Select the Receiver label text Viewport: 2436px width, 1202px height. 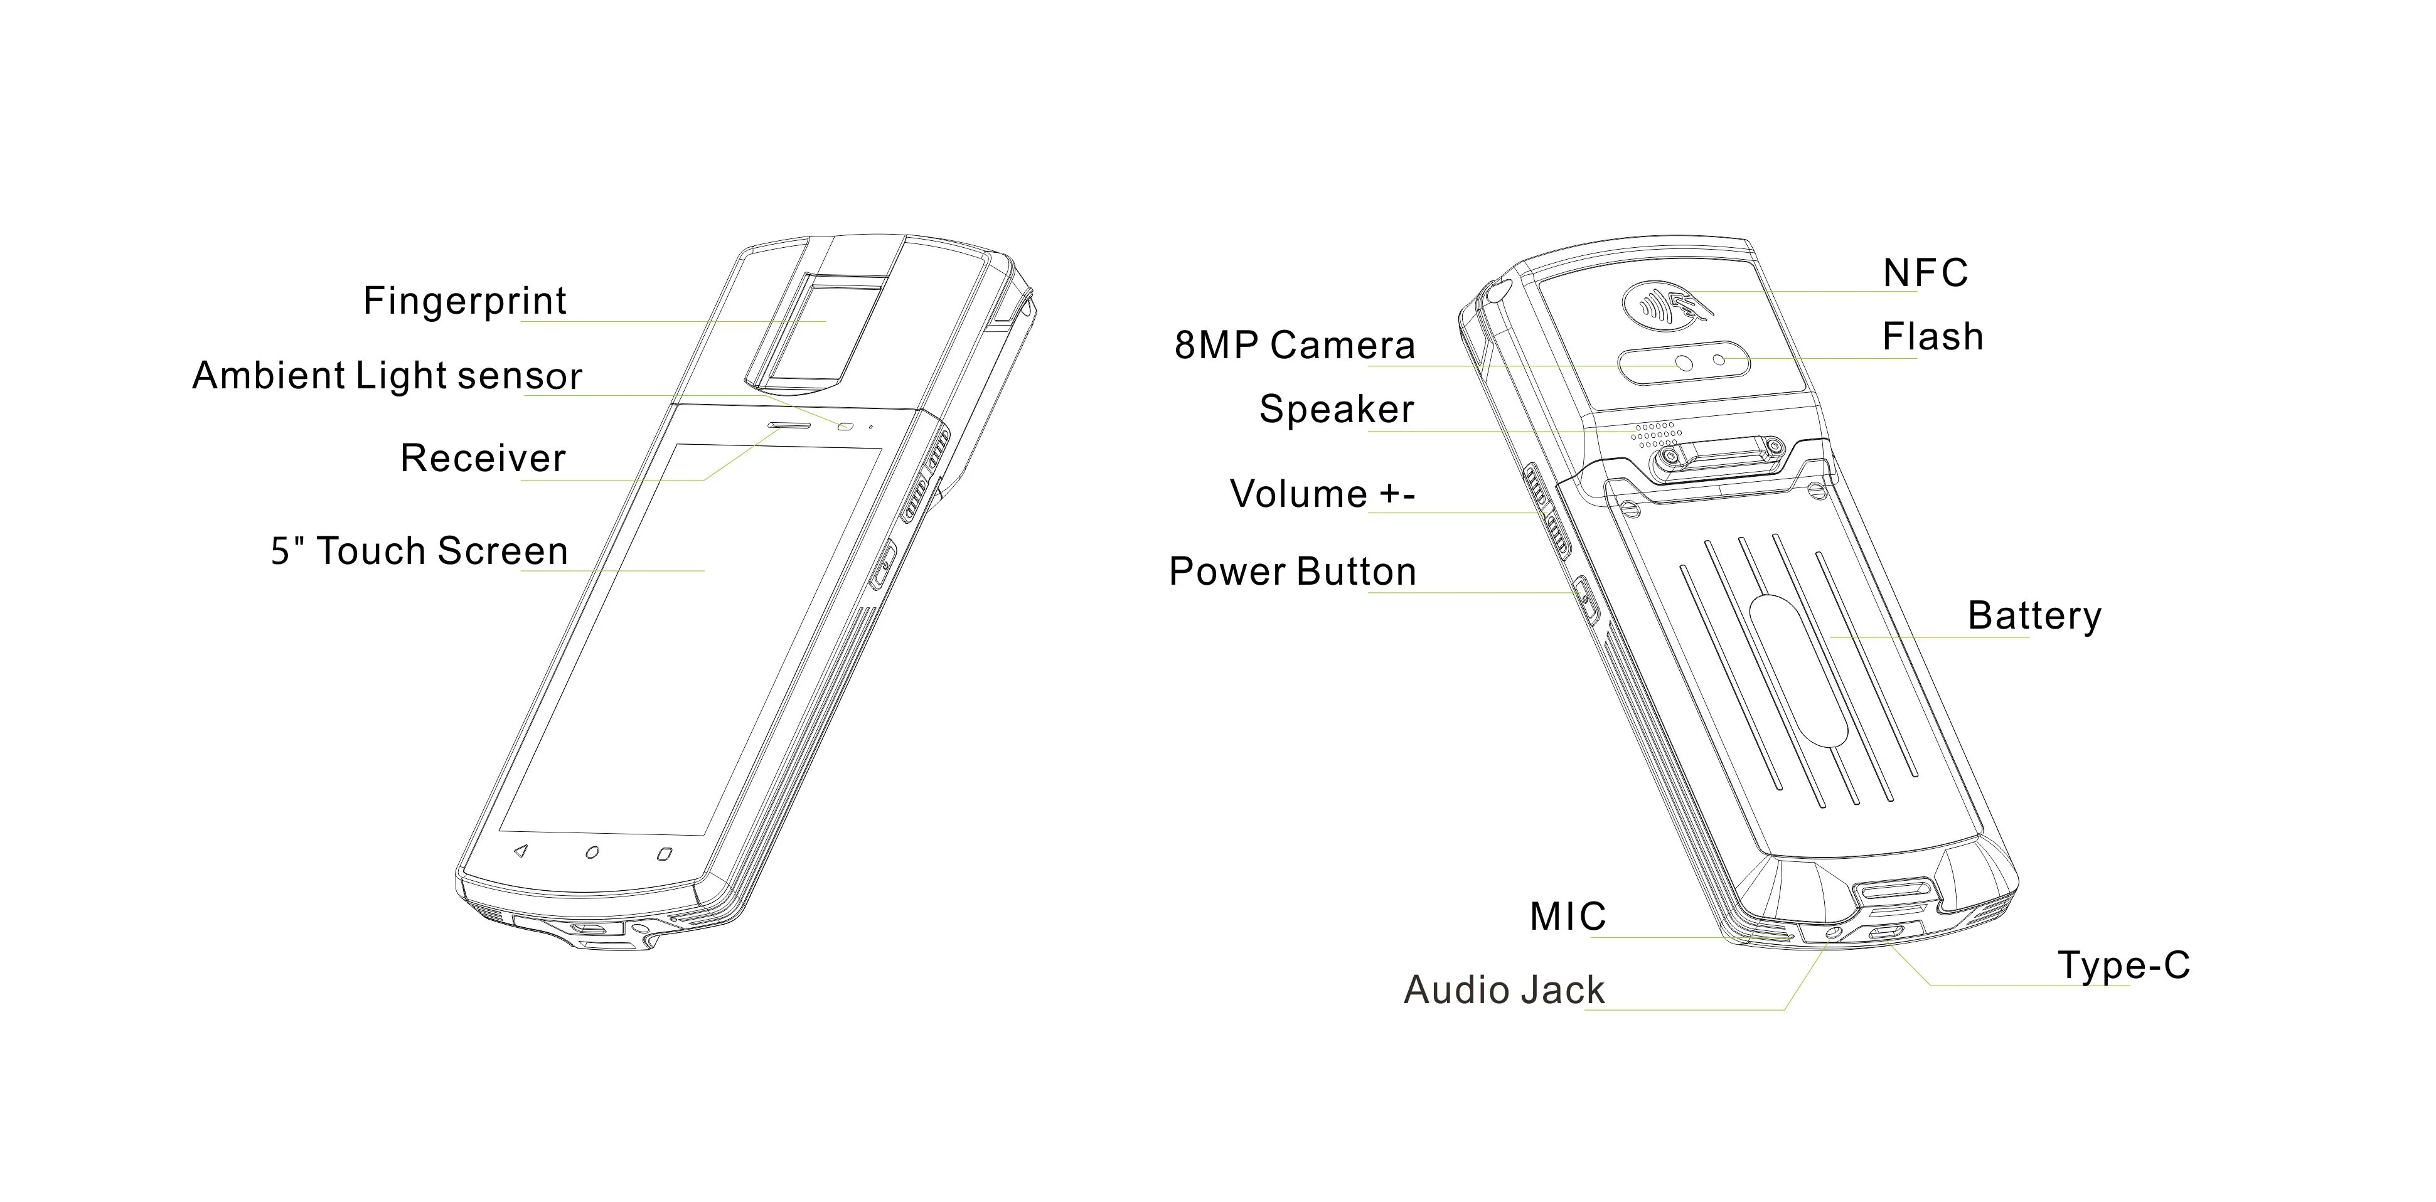[x=483, y=459]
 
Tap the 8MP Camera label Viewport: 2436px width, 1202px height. [x=1295, y=345]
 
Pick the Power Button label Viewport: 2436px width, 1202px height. [x=1293, y=572]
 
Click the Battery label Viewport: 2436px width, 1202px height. [x=2034, y=615]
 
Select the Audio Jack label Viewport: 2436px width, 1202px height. [x=1504, y=990]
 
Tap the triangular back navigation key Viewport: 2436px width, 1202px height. [x=519, y=851]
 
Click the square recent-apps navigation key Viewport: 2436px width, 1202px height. [x=664, y=854]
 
